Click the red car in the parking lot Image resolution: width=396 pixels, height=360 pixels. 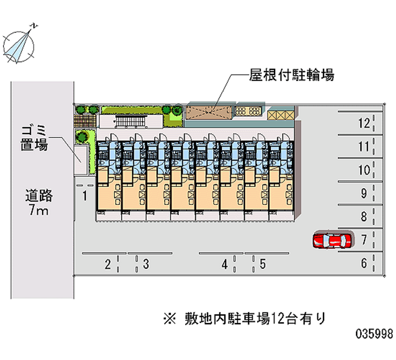332,241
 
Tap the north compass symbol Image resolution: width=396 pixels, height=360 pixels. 20,44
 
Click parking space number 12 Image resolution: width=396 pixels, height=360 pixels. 364,123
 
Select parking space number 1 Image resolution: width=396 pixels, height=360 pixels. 85,196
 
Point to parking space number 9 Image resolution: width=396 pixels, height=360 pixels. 364,194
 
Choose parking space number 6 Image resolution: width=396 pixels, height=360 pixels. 364,264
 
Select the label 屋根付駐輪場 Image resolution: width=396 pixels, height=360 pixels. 292,75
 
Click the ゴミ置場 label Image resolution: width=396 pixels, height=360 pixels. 34,138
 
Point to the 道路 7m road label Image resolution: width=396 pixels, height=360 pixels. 39,204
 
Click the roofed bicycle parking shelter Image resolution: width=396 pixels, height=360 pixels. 208,112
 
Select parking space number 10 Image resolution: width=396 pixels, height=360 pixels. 364,170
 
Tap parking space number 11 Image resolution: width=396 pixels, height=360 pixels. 364,147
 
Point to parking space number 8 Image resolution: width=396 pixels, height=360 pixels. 364,217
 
